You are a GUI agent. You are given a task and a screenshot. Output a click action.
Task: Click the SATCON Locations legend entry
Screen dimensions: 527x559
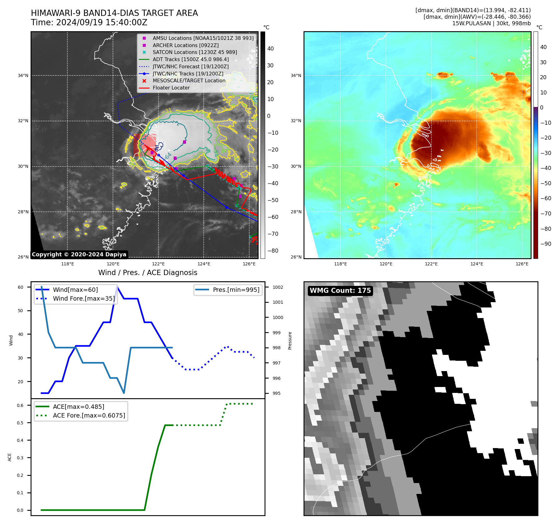[x=195, y=52]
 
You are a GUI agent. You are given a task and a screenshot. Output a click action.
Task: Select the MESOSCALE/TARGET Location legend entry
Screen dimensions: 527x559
[x=189, y=81]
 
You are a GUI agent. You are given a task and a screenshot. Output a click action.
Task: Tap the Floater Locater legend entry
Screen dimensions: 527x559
[x=171, y=88]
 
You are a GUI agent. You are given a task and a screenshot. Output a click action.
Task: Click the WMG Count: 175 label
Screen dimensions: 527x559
[x=340, y=291]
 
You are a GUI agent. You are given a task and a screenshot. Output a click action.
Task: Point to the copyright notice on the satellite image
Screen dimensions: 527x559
[x=79, y=254]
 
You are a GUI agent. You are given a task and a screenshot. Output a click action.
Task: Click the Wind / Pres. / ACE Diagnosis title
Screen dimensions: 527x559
[x=148, y=273]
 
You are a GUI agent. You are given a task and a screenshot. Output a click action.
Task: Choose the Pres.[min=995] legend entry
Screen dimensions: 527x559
[x=236, y=290]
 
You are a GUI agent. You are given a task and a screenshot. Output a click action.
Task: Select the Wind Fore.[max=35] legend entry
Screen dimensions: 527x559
[x=84, y=299]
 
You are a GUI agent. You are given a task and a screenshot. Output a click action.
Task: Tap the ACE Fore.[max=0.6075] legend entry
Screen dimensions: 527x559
[x=89, y=416]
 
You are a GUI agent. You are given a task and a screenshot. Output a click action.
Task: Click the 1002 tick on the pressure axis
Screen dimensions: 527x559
[x=278, y=287]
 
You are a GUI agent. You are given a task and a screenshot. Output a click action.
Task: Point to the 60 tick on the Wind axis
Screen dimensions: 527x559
[x=21, y=287]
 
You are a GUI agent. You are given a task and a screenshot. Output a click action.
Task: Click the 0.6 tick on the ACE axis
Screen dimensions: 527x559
[x=20, y=405]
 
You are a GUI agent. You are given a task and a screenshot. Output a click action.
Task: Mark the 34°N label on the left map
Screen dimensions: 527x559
[x=23, y=75]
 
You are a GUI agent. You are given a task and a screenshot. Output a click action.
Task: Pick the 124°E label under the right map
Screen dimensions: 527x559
[x=477, y=264]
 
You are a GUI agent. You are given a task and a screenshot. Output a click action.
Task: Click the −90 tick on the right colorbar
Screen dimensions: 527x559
[x=546, y=244]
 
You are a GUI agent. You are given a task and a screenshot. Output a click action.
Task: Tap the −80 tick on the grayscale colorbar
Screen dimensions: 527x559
[x=273, y=251]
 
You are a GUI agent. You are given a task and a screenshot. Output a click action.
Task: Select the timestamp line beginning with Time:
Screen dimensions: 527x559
[x=89, y=23]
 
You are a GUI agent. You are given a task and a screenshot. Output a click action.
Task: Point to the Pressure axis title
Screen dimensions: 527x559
[x=290, y=341]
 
